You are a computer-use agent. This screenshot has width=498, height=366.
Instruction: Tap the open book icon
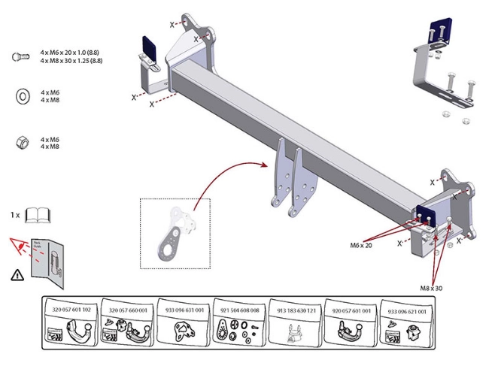(x=37, y=216)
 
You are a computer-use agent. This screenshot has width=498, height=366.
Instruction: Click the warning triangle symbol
(x=17, y=275)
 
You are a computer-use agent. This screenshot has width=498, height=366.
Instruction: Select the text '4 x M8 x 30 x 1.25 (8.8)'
(x=73, y=61)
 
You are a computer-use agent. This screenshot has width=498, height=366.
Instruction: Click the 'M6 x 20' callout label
(x=362, y=245)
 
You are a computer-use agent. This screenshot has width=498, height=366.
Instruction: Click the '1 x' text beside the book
(x=16, y=216)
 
